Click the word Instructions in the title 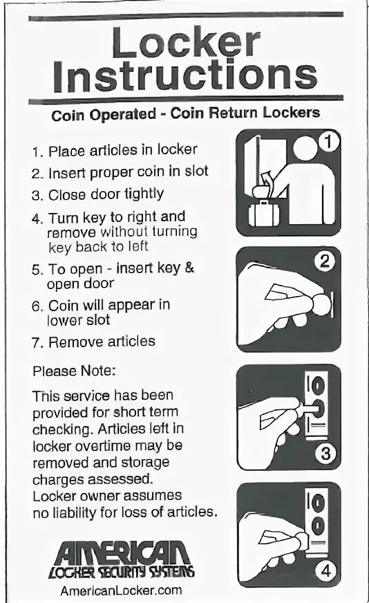185,76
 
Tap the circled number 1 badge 328,141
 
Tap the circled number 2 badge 325,261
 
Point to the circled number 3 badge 325,454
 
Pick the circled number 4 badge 325,570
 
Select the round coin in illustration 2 321,305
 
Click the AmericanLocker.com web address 121,591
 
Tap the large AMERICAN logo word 122,553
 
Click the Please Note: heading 74,371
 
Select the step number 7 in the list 37,343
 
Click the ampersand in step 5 189,268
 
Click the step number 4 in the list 37,219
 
